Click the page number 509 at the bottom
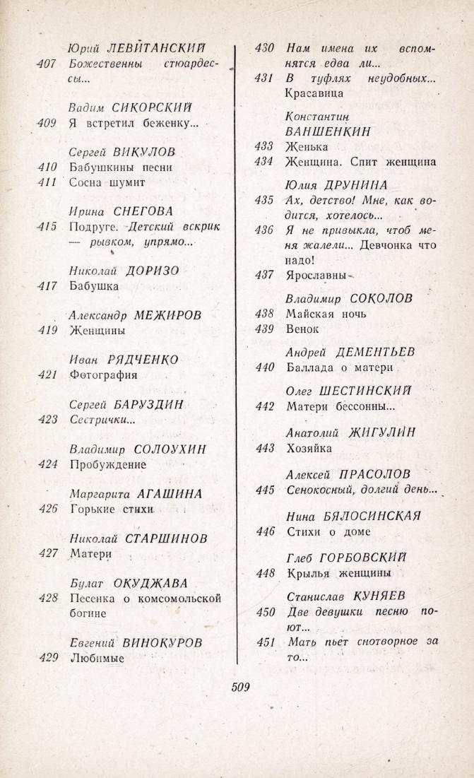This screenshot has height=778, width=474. point(240,686)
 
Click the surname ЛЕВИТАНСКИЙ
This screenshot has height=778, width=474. point(155,48)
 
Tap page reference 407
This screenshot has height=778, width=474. point(47,64)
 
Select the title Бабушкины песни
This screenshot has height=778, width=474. point(122,167)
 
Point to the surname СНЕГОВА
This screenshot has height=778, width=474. point(143,211)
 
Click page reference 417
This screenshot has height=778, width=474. point(47,286)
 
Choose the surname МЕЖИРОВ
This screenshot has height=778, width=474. point(167,315)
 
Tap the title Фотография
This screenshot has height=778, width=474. point(103,375)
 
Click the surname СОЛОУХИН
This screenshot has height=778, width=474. point(168,449)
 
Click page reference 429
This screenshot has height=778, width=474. point(47,658)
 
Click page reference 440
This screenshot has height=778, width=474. point(264,367)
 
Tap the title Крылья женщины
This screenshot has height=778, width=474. point(339,572)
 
